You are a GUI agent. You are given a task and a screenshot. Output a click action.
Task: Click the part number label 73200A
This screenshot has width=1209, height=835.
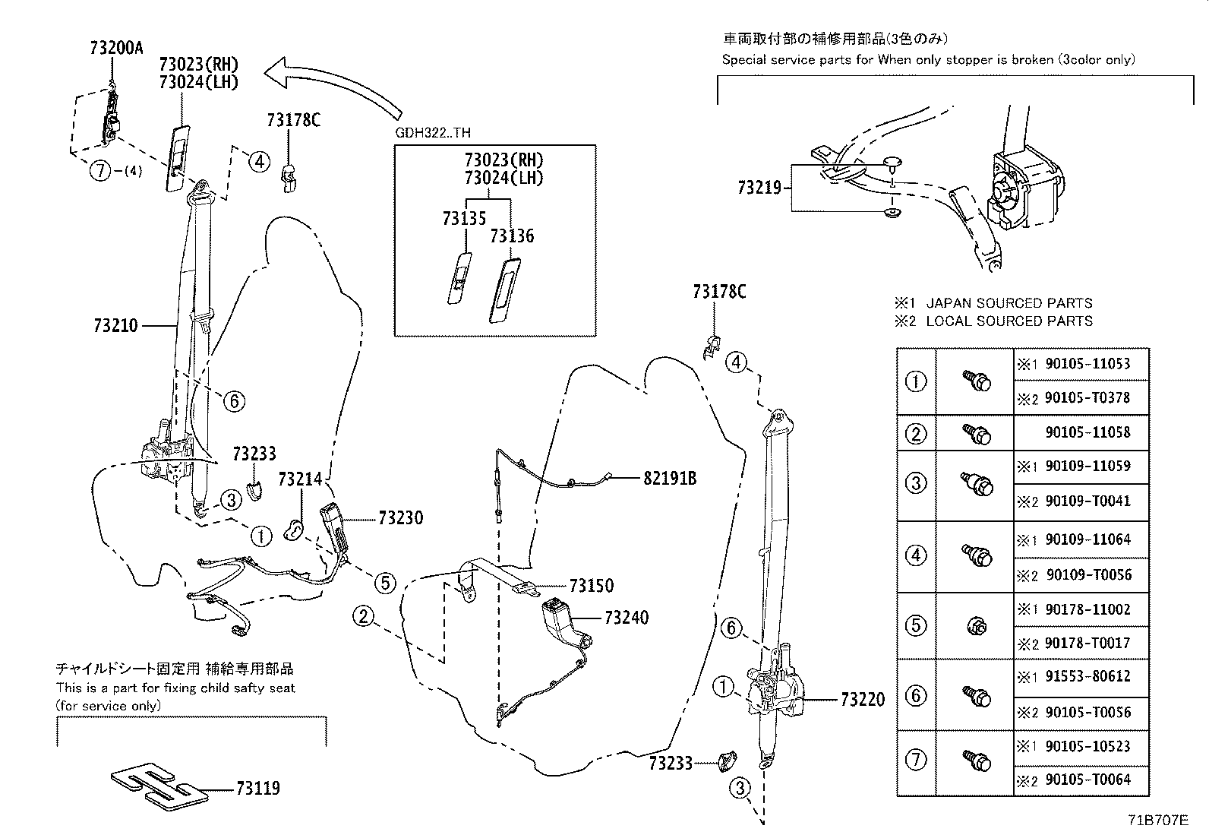pyautogui.click(x=115, y=48)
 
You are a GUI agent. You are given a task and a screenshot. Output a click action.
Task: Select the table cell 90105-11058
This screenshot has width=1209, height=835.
pyautogui.click(x=1087, y=432)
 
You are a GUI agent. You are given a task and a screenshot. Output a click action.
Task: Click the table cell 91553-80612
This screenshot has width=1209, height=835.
pyautogui.click(x=1087, y=676)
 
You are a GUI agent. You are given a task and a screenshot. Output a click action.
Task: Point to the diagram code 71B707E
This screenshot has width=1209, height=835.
pyautogui.click(x=1157, y=821)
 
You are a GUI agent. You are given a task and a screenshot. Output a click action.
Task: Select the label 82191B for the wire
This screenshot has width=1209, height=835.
pyautogui.click(x=670, y=478)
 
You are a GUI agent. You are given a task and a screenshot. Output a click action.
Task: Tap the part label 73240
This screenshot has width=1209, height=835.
pyautogui.click(x=627, y=618)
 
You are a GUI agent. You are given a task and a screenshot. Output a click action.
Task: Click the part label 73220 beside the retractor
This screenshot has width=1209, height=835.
pyautogui.click(x=862, y=700)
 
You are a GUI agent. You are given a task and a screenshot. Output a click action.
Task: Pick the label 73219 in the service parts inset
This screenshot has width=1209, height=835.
pyautogui.click(x=759, y=187)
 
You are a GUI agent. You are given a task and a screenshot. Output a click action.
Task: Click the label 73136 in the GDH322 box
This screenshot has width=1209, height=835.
pyautogui.click(x=512, y=236)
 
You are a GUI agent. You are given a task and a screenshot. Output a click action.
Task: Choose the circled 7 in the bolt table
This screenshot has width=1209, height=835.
pyautogui.click(x=917, y=760)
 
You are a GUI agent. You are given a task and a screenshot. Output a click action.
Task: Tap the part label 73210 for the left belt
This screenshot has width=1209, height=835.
pyautogui.click(x=115, y=326)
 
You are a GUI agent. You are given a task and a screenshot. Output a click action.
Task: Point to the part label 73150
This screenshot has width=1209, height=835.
pyautogui.click(x=592, y=586)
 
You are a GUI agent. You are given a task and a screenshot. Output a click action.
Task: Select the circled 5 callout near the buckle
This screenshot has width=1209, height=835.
pyautogui.click(x=385, y=583)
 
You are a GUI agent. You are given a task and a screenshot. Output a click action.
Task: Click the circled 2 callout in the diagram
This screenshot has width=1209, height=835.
pyautogui.click(x=364, y=615)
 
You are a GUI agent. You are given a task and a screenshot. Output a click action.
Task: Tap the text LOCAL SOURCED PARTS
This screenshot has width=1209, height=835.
pyautogui.click(x=1009, y=321)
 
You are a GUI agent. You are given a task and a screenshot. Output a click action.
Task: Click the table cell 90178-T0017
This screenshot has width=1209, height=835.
pyautogui.click(x=1087, y=643)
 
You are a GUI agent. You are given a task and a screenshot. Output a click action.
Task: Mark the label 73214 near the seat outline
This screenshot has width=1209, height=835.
pyautogui.click(x=300, y=479)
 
